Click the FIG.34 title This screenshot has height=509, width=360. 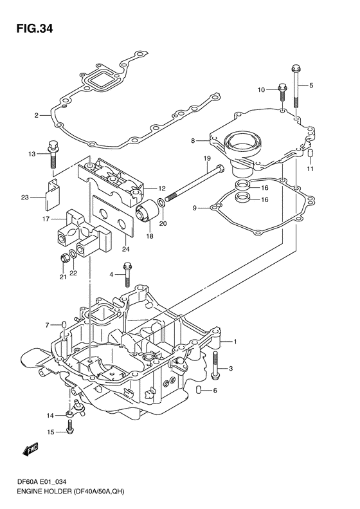35,28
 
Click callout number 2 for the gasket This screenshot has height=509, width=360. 37,115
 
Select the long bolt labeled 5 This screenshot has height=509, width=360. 296,86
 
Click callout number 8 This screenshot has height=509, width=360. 193,141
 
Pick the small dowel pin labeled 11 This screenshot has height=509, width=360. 310,153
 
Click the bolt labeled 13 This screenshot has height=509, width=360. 53,154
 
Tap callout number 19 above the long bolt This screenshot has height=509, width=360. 207,159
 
